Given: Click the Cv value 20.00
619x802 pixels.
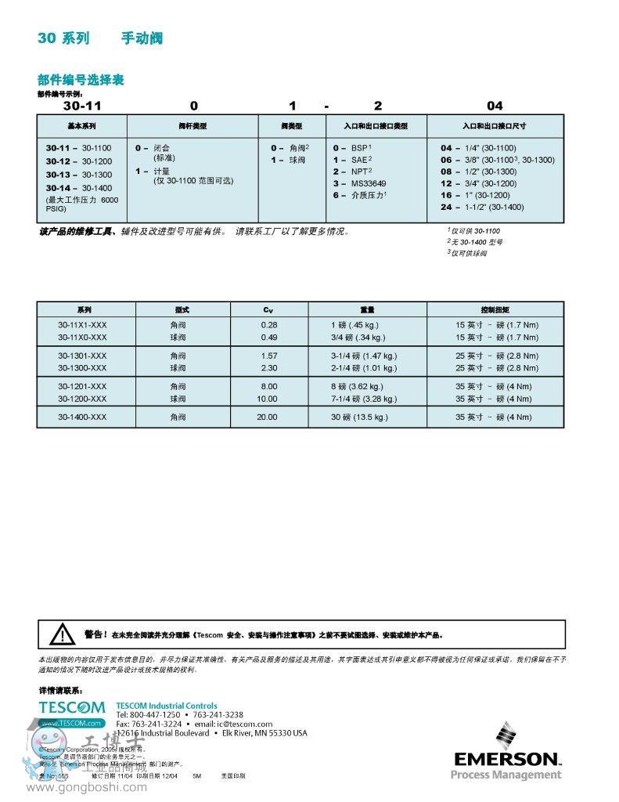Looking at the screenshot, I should tap(267, 417).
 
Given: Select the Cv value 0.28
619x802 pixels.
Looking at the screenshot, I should tap(268, 325).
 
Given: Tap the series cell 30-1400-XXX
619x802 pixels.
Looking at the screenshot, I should tap(82, 417).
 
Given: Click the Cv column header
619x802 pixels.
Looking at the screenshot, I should tap(268, 309).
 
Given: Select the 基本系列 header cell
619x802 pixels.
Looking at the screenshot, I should tap(81, 126).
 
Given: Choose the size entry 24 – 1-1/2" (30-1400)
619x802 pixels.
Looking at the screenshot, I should tap(482, 207).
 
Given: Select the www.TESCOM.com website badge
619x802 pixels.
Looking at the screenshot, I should tap(72, 723).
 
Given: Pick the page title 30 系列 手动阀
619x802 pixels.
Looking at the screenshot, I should tap(100, 38).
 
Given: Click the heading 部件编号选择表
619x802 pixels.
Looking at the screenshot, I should tap(81, 80).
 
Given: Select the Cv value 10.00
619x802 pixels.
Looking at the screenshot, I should tap(267, 399).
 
